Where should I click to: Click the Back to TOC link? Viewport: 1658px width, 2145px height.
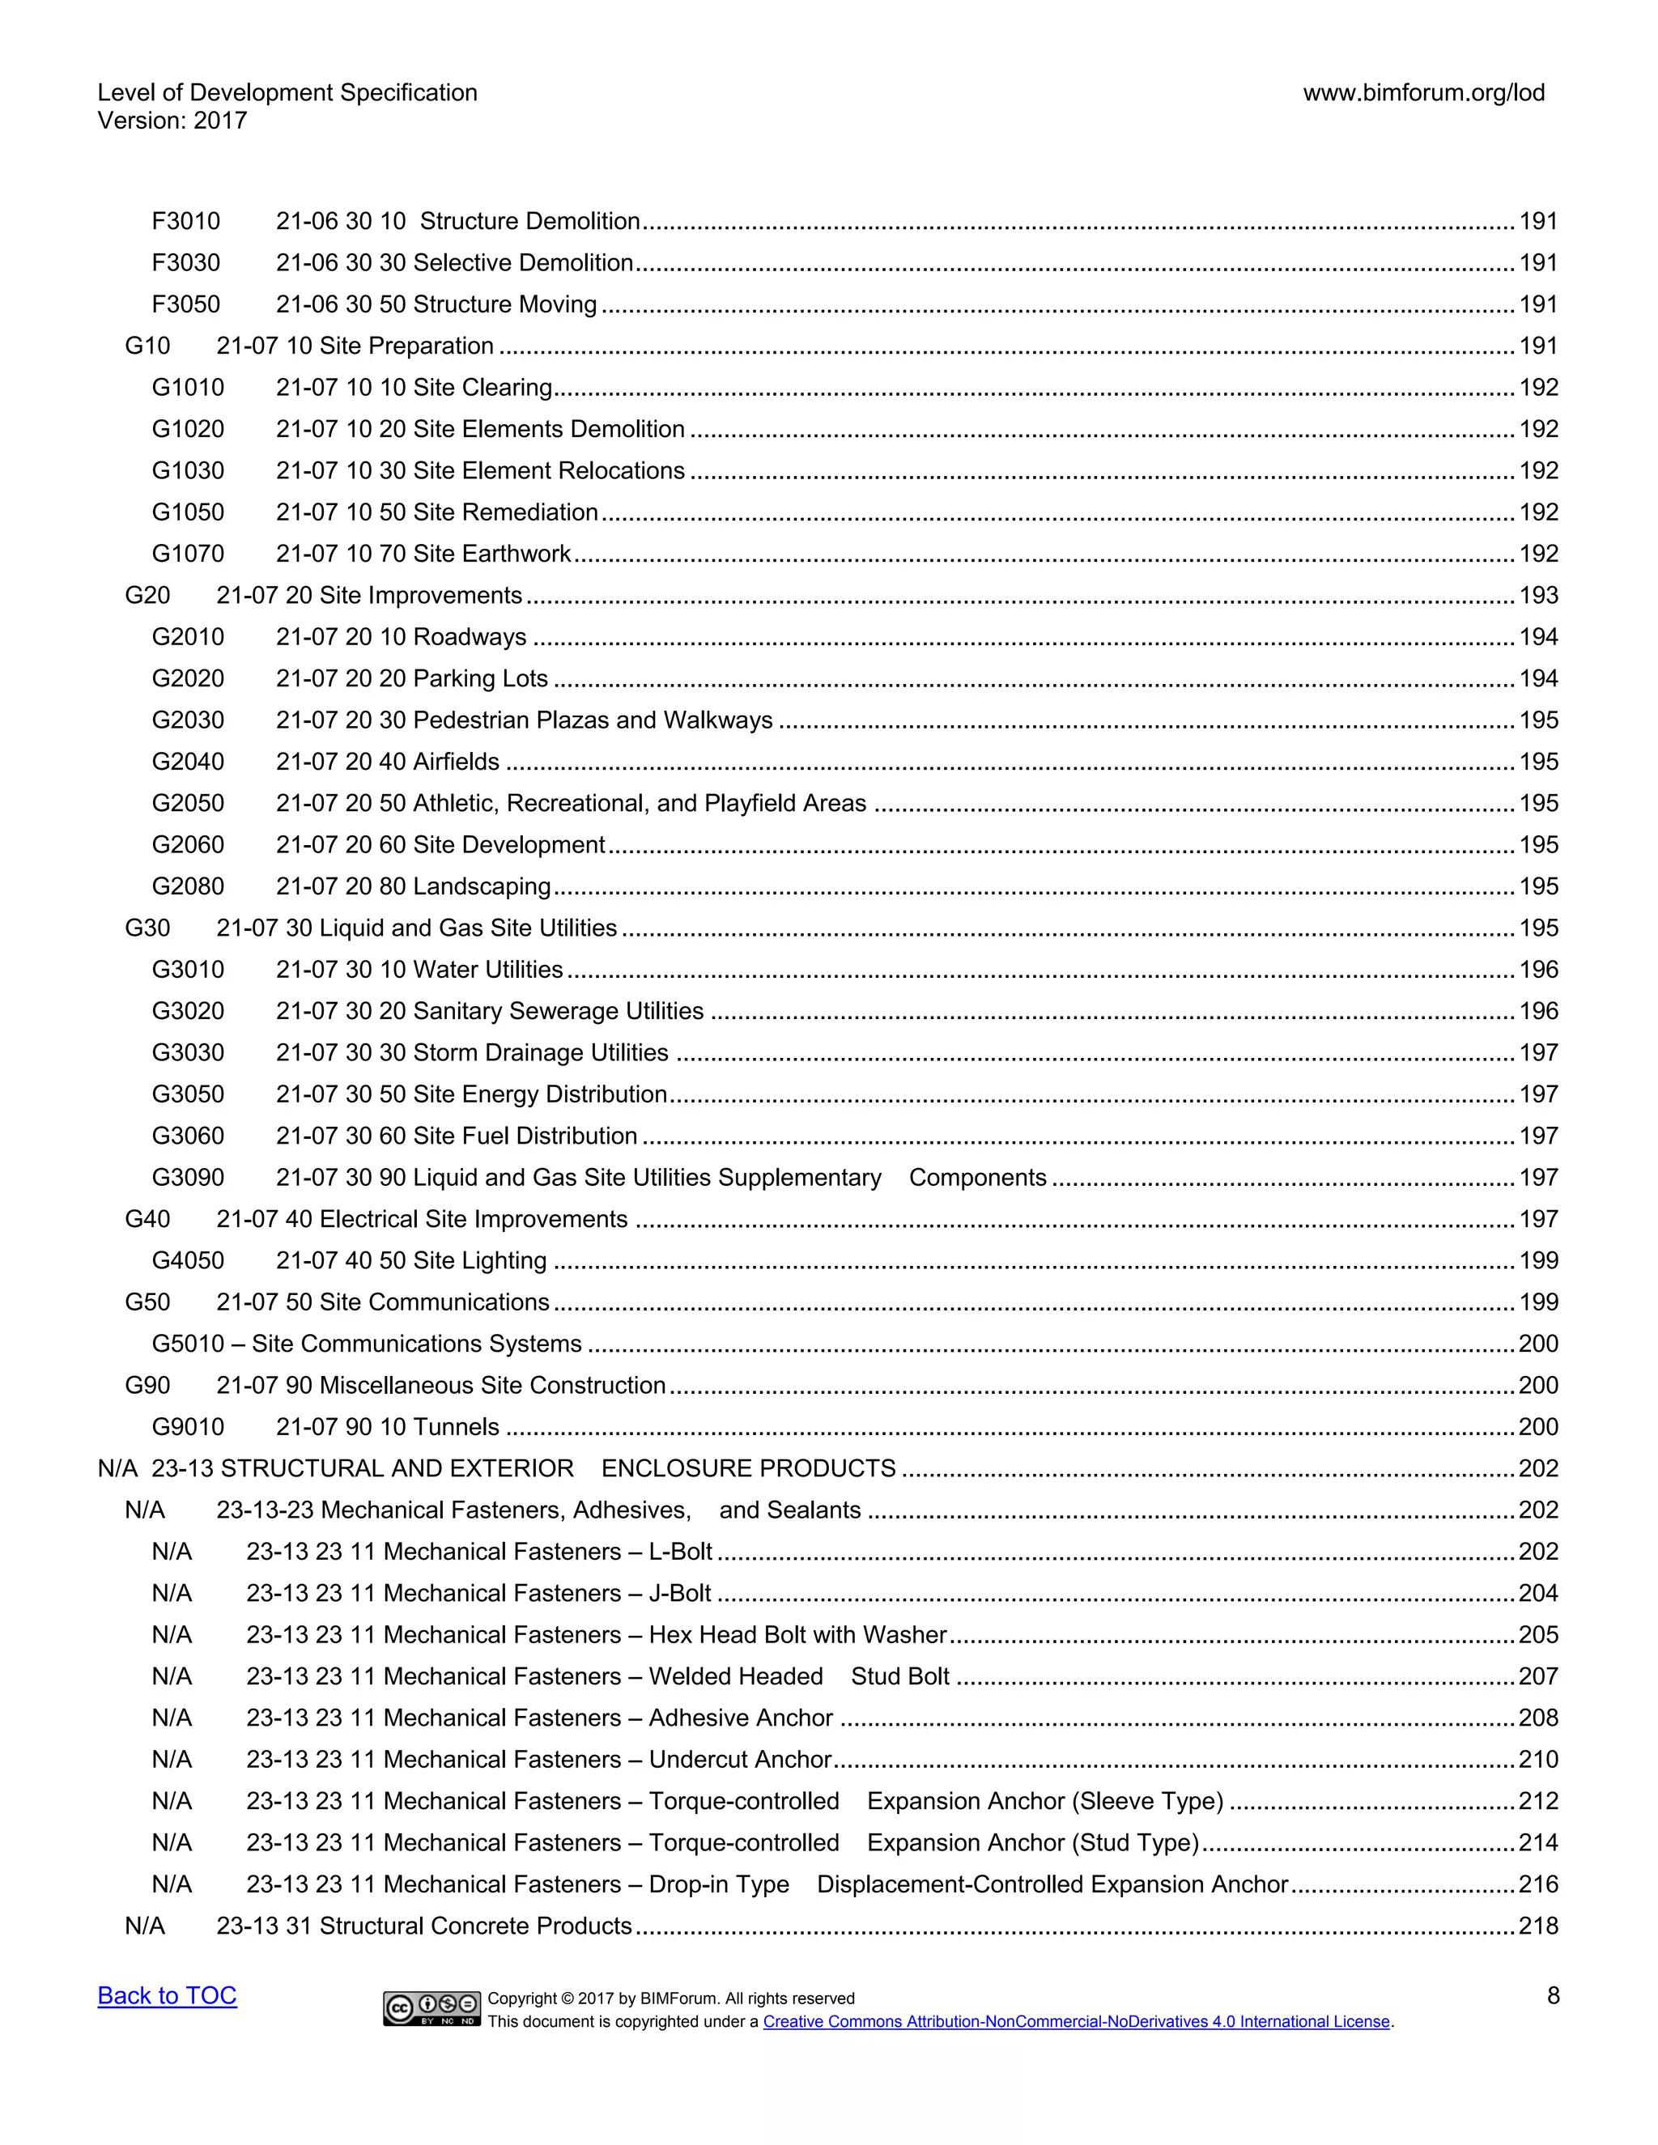coord(167,1996)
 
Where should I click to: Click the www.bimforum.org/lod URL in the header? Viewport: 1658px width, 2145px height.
coord(1423,93)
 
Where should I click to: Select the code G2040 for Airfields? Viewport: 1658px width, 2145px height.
coord(188,762)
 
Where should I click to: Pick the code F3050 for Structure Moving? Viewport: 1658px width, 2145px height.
coord(185,304)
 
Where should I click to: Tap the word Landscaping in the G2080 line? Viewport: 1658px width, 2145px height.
coord(482,887)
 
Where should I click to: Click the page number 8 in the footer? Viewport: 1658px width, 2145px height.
coord(1553,1996)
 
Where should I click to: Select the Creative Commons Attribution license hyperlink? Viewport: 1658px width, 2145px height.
coord(1077,2021)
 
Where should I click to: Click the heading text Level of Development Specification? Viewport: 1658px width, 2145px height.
coord(287,93)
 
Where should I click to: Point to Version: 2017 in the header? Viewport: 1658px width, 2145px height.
coord(172,121)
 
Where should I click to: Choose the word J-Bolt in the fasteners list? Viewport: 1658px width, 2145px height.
coord(680,1593)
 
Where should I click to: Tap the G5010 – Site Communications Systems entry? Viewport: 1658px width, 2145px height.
coord(367,1344)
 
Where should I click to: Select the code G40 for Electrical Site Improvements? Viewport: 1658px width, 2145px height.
coord(147,1219)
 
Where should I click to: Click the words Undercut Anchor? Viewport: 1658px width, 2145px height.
coord(740,1759)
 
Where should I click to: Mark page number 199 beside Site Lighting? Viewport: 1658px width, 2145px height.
coord(1538,1261)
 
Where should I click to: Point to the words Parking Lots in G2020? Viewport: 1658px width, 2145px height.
coord(480,678)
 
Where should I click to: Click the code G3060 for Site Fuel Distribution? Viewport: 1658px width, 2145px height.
coord(188,1136)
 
